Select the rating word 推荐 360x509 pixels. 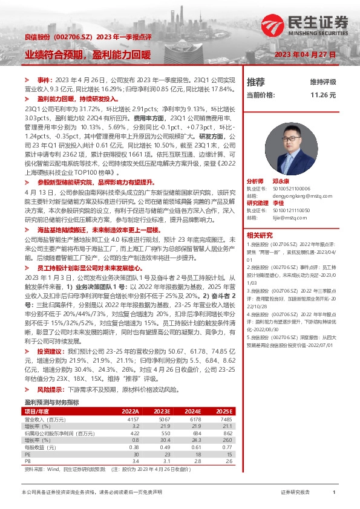pos(256,82)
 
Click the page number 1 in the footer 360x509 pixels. pos(334,493)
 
